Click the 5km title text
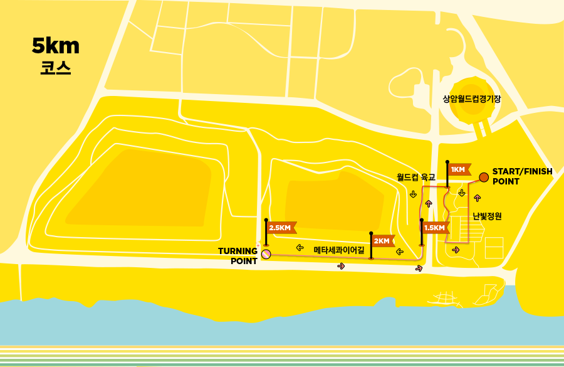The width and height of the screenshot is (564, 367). tap(56, 46)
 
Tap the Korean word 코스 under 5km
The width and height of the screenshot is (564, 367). tap(55, 68)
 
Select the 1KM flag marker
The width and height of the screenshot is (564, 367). tap(458, 169)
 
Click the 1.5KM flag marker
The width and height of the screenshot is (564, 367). tap(434, 227)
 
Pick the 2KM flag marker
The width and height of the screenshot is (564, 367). tap(382, 241)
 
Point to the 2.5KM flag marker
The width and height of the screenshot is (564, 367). tap(279, 228)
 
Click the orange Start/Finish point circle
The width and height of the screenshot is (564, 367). tap(484, 177)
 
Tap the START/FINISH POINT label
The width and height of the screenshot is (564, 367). tap(522, 176)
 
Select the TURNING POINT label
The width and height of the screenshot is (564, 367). tap(238, 256)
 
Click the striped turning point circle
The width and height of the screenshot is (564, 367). tap(266, 254)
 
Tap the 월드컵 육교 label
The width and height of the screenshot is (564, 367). tap(416, 178)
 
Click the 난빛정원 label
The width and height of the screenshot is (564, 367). tap(487, 216)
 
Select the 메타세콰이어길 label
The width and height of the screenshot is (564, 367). tap(338, 250)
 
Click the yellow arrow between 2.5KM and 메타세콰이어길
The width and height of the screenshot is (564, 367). tap(300, 247)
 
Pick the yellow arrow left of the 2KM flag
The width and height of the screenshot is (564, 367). tap(399, 252)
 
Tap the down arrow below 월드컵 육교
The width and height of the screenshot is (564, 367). tap(413, 194)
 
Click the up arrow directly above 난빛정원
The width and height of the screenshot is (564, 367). tap(478, 198)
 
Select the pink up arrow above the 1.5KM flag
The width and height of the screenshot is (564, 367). tap(429, 203)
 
